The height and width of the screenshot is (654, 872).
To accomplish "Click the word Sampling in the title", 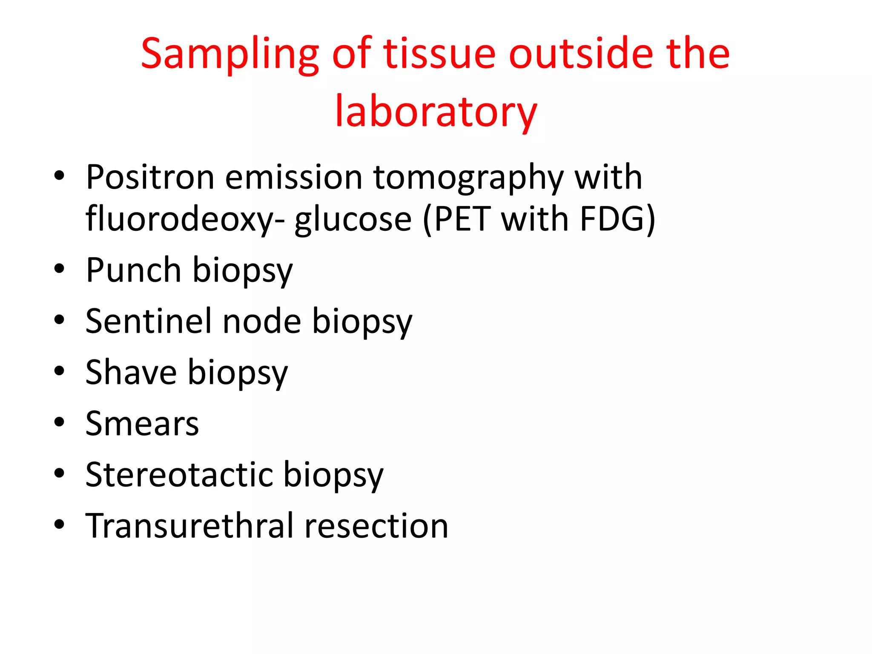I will click(x=229, y=54).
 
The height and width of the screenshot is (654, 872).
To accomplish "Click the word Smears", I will click(x=142, y=424).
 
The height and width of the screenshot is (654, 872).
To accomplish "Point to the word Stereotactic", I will click(x=179, y=475).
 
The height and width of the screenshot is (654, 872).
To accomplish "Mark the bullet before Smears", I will click(x=59, y=422).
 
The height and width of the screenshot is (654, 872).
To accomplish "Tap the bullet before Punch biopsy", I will click(x=59, y=269).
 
